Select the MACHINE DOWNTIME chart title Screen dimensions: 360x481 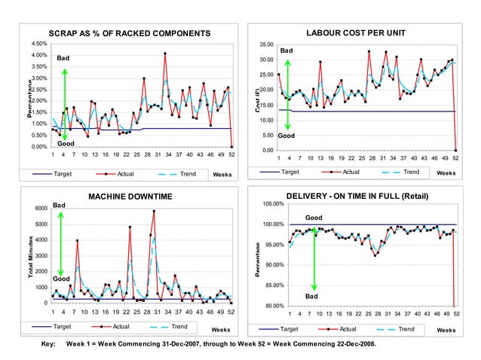130,197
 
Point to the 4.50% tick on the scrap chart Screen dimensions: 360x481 36,44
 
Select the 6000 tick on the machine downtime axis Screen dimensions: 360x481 40,208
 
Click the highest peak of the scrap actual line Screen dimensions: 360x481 164,53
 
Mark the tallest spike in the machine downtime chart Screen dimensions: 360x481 154,212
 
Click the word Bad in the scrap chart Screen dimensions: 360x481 63,58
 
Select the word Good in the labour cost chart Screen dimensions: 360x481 286,136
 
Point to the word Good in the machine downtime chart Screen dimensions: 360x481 60,278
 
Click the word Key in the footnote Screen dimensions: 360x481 48,344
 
